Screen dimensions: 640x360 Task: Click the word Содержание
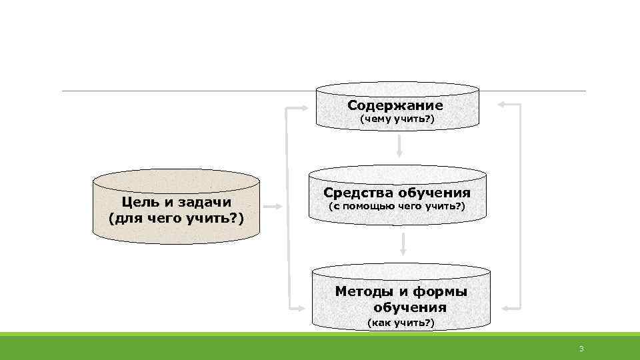(395, 106)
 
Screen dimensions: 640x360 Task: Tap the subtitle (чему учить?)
(397, 119)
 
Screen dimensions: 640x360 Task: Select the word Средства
(357, 193)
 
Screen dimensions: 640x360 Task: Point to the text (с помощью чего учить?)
(398, 207)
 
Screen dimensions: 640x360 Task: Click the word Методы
(364, 291)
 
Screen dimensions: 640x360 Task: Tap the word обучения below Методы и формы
(410, 307)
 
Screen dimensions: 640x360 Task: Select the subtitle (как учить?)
(401, 323)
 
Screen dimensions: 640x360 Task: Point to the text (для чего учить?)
(175, 218)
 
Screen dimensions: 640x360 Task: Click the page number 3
(581, 349)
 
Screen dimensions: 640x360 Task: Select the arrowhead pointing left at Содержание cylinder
(504, 105)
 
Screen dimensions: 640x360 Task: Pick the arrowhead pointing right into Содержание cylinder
(308, 107)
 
